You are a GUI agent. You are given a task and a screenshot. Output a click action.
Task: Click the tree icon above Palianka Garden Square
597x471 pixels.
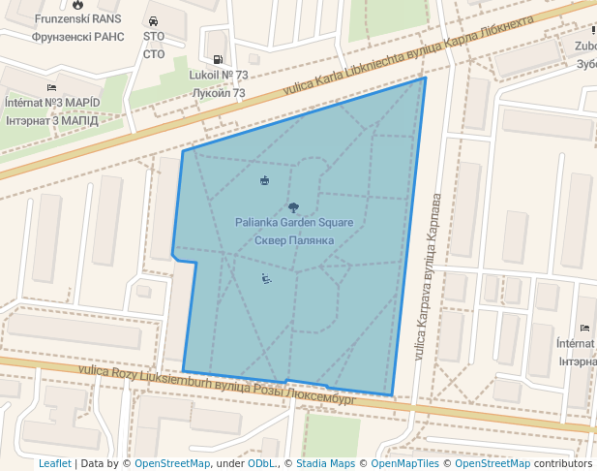294,207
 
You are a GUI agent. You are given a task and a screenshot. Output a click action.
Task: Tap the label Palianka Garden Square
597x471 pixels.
294,223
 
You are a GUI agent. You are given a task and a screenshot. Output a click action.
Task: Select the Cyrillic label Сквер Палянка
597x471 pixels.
294,239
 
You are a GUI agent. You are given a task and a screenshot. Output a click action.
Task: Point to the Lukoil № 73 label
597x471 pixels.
219,75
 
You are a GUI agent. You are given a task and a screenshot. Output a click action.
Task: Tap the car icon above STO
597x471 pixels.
154,21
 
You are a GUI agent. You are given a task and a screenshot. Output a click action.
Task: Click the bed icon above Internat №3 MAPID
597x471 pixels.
51,87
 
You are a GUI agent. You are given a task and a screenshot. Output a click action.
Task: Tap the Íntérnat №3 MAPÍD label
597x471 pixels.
52,103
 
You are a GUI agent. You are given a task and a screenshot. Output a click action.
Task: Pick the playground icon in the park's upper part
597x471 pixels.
265,180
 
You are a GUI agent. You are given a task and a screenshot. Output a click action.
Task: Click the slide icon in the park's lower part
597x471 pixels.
266,279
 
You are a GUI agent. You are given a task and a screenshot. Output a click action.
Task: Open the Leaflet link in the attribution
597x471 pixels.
54,463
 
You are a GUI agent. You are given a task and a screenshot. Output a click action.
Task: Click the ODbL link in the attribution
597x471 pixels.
262,463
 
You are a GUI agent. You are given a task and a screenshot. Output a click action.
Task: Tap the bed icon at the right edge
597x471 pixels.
583,329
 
